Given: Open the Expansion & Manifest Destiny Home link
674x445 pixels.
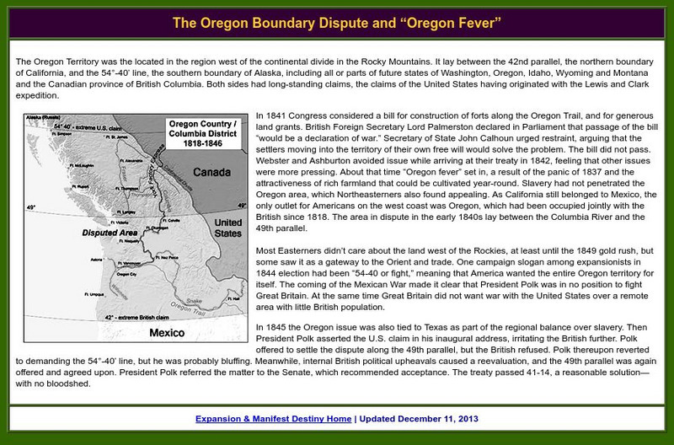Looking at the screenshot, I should (273, 418).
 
